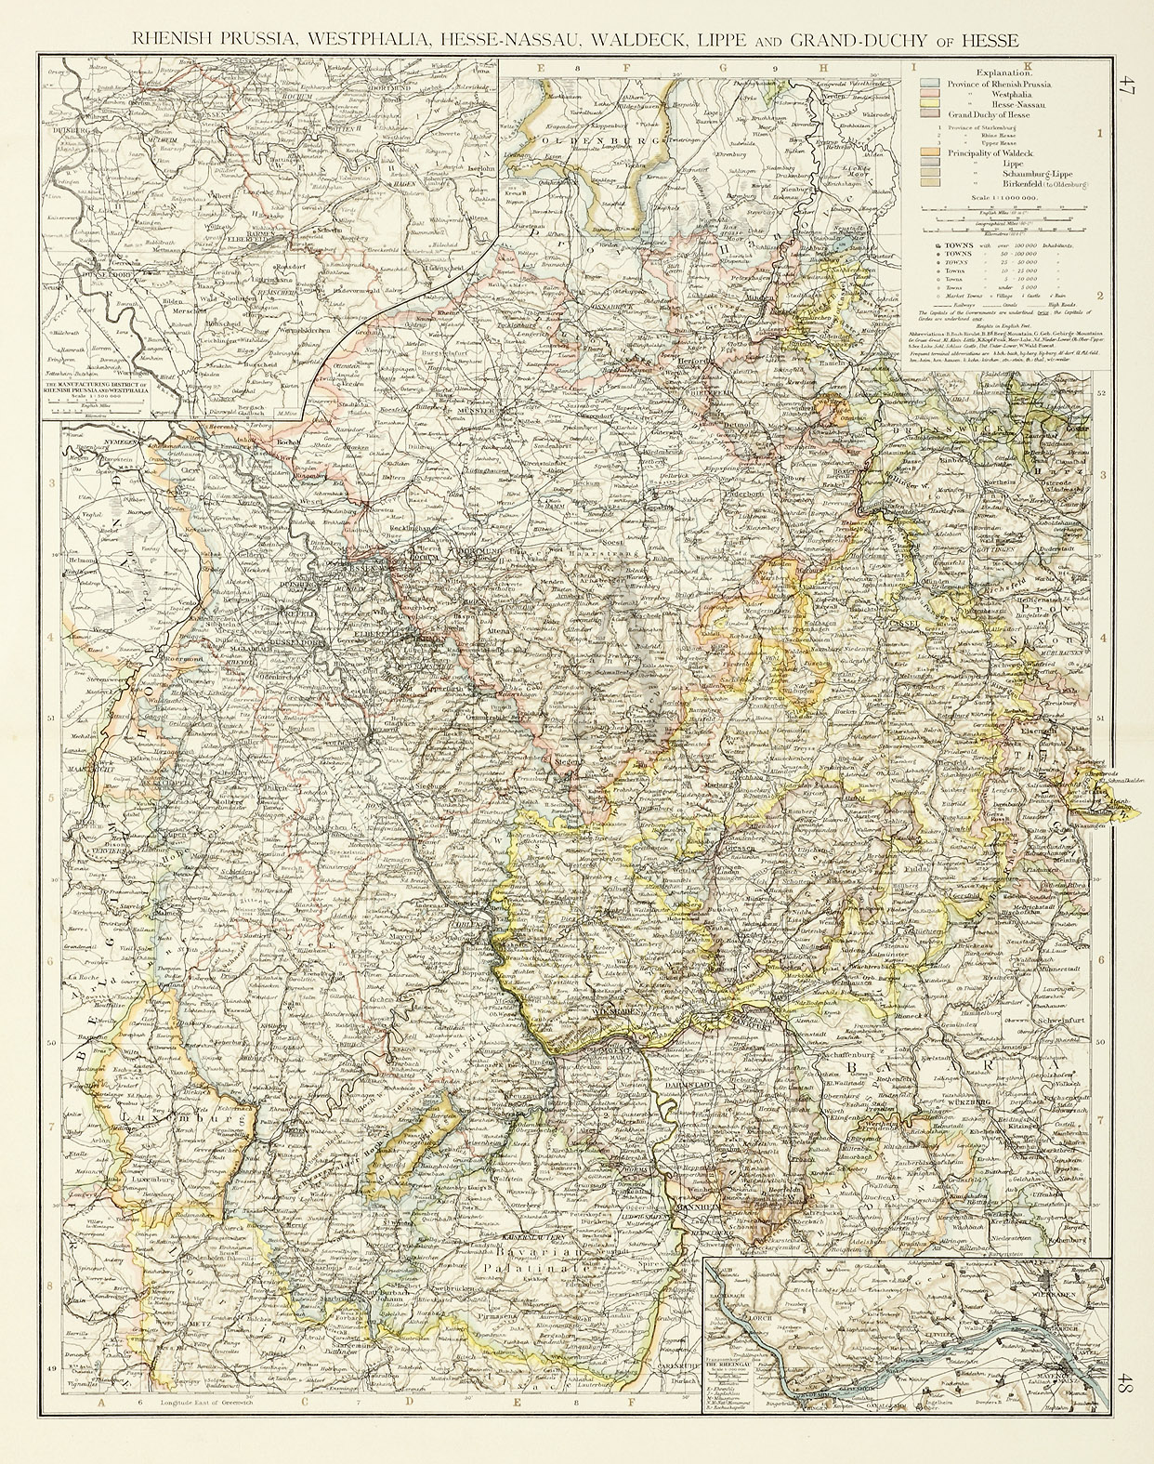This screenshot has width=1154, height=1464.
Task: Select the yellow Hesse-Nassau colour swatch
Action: click(927, 104)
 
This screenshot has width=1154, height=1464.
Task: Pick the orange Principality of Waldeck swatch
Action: click(927, 152)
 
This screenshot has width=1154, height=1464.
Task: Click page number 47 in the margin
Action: click(1127, 90)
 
